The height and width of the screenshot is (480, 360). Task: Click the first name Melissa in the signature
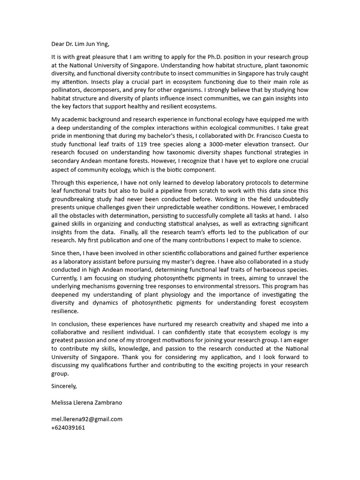click(63, 403)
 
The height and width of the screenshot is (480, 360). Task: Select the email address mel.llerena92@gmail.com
click(87, 420)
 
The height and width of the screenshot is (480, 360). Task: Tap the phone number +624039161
click(68, 427)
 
